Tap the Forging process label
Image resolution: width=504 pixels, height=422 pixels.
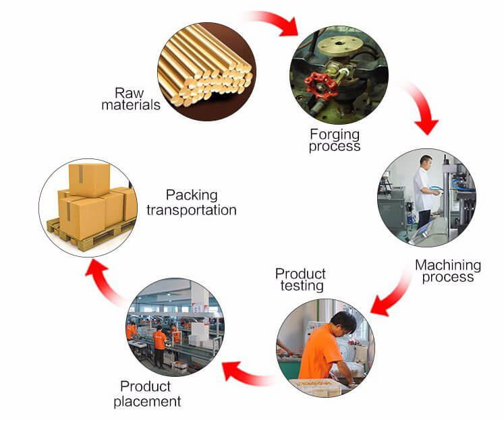(x=335, y=139)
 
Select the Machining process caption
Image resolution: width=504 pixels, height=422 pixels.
(x=447, y=270)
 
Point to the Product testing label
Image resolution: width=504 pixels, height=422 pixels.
(x=300, y=280)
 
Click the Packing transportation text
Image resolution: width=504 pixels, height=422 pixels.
(x=192, y=202)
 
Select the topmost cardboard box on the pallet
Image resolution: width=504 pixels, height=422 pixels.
(x=88, y=179)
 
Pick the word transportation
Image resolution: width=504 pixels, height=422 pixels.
(x=192, y=210)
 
